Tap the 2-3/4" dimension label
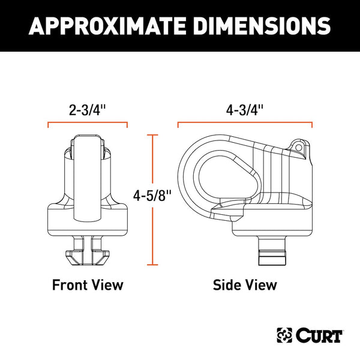[88, 110]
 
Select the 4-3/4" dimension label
[245, 110]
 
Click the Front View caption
[88, 284]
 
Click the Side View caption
[245, 284]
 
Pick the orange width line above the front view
[88, 124]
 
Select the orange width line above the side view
[245, 124]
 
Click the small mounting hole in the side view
[298, 145]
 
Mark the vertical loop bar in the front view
[88, 180]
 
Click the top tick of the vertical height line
[155, 135]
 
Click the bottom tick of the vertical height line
[155, 265]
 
